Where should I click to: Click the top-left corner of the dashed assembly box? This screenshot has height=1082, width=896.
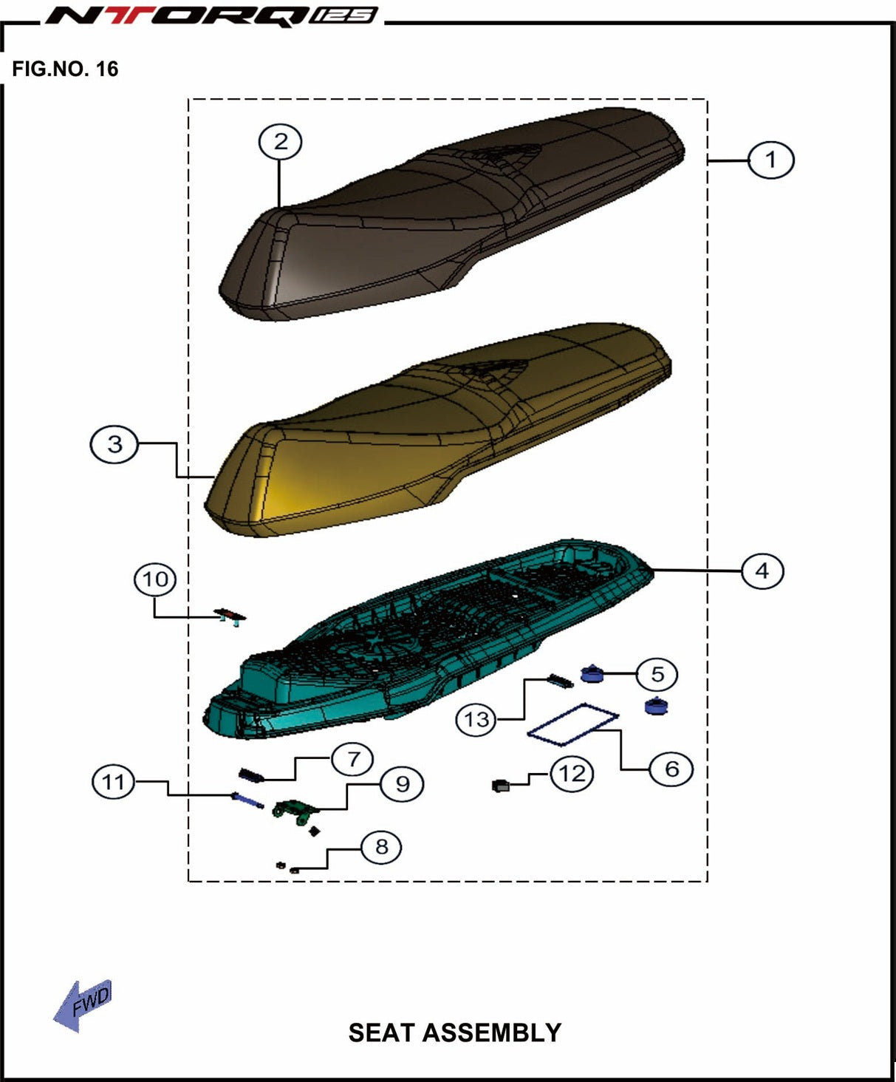click(188, 99)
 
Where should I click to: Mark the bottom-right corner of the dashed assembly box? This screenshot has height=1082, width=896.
click(708, 881)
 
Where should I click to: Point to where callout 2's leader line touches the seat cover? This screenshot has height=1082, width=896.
click(280, 208)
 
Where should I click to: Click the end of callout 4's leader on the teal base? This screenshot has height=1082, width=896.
click(651, 570)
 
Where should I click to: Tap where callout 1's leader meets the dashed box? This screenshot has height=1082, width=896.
click(708, 161)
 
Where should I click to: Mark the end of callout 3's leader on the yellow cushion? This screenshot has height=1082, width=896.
click(214, 477)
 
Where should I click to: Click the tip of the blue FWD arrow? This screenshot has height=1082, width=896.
click(54, 1020)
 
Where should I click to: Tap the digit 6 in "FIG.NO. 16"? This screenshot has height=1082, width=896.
click(113, 69)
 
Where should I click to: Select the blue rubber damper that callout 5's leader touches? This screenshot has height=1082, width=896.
click(592, 673)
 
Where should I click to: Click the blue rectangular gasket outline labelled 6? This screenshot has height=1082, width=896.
click(572, 725)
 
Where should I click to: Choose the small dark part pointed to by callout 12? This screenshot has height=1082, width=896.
click(500, 786)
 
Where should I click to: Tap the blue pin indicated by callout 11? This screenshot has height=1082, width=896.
click(247, 800)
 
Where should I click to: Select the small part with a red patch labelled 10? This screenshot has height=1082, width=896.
click(230, 617)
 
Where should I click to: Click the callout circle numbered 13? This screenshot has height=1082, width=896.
click(476, 719)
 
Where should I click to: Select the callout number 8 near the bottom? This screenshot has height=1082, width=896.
click(382, 847)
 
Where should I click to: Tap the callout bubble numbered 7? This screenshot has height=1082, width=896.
click(353, 759)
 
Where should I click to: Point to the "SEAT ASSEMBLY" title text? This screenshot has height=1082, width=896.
click(455, 1032)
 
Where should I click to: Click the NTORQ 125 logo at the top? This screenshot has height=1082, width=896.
click(212, 16)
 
